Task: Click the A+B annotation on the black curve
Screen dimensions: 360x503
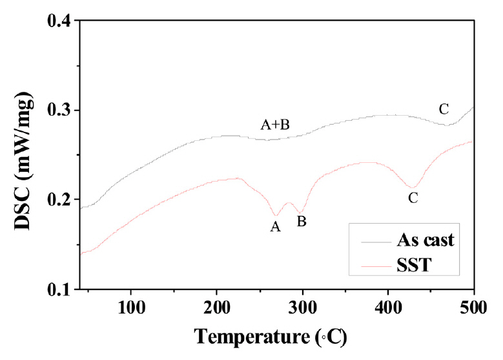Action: pyautogui.click(x=274, y=125)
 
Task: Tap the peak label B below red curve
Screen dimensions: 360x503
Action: pyautogui.click(x=301, y=221)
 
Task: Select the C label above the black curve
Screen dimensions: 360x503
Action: pyautogui.click(x=444, y=109)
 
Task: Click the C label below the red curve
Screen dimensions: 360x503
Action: pyautogui.click(x=413, y=198)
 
